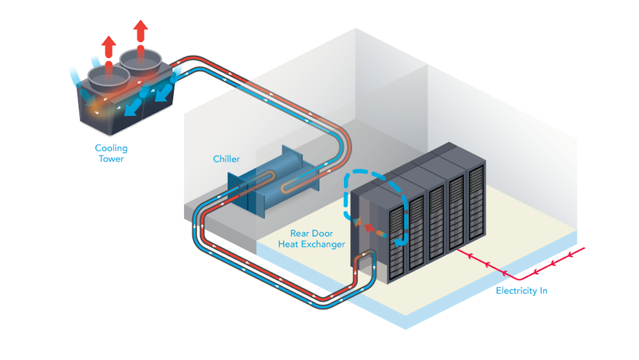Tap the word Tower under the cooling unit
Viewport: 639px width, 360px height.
(111, 159)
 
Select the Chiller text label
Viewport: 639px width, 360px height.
(226, 159)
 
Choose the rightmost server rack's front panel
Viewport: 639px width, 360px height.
(476, 205)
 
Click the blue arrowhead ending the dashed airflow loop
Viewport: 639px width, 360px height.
(397, 243)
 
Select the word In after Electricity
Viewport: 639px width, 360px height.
(542, 291)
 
